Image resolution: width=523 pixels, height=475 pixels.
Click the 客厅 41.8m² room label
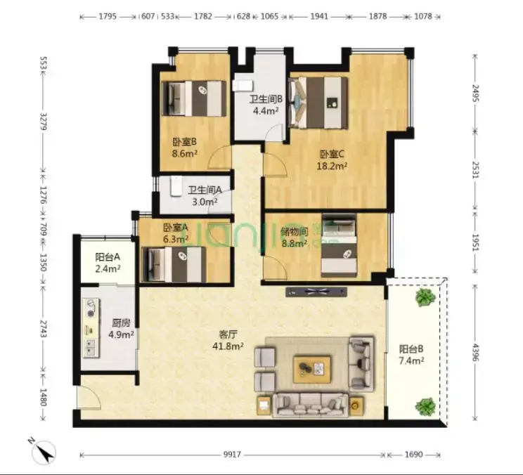tap(228, 340)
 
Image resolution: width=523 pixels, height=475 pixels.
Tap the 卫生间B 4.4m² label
tap(266, 105)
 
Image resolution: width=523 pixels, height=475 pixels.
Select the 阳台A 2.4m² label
tap(108, 263)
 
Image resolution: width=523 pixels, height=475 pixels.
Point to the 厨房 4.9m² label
tap(121, 329)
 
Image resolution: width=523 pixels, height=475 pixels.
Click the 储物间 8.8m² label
tap(294, 237)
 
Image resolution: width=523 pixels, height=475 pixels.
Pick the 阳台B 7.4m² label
tap(411, 355)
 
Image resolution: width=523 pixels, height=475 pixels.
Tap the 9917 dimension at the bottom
tap(232, 455)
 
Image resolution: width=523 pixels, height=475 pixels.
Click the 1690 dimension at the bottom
tap(413, 455)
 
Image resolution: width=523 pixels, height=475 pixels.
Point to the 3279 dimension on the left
tap(44, 122)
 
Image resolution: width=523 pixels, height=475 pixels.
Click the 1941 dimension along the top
tap(319, 16)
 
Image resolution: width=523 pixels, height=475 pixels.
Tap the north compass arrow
tap(46, 452)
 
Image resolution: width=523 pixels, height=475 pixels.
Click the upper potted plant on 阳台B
tap(425, 297)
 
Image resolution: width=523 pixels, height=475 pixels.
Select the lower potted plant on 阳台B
tap(425, 406)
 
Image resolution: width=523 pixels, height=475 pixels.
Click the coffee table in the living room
tap(312, 370)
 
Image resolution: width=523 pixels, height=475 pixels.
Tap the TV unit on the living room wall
tap(316, 292)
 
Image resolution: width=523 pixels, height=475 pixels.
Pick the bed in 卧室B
tap(194, 98)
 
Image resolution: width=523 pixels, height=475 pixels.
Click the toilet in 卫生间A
tap(176, 186)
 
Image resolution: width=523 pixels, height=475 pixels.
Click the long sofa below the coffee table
tap(311, 405)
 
